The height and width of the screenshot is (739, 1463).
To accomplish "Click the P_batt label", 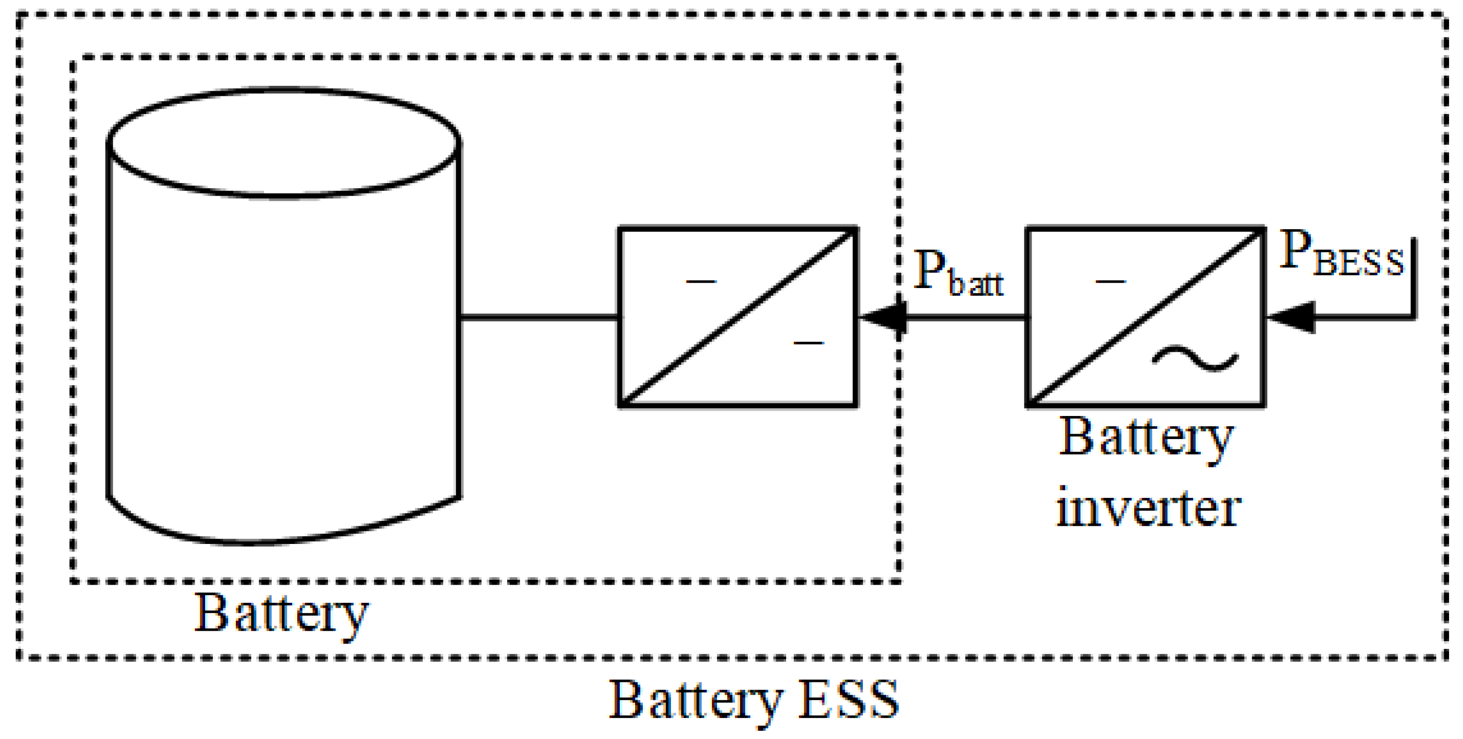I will [958, 274].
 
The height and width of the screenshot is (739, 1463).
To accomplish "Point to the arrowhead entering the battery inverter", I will [1291, 317].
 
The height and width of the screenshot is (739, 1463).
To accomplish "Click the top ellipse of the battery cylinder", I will [283, 143].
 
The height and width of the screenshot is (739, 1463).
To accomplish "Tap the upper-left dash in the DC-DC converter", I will [701, 281].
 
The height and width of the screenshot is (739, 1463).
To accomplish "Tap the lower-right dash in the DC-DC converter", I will [808, 343].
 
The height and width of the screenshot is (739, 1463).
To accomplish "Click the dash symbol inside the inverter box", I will [1110, 281].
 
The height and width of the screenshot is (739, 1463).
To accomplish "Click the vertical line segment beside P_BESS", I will [1414, 278].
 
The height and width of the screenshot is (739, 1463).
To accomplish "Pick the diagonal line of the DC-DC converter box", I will [738, 317].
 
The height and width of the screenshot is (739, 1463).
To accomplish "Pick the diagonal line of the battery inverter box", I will [1146, 317].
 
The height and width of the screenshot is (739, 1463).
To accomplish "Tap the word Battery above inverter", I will [1146, 438].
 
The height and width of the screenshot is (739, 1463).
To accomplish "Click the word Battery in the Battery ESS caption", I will [696, 700].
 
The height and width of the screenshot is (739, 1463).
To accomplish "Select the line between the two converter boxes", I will [965, 317].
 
